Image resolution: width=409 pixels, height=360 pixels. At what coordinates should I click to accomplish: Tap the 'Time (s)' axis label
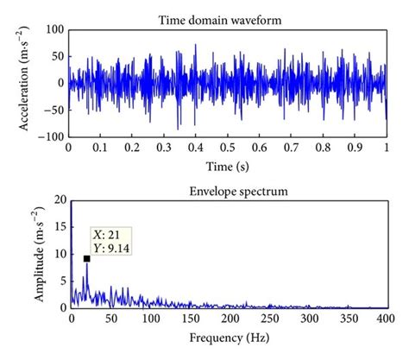click(228, 163)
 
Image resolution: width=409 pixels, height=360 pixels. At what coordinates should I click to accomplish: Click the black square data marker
click(87, 258)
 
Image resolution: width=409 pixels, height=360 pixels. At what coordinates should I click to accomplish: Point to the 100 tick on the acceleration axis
click(53, 30)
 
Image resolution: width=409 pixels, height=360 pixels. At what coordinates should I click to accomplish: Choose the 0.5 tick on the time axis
click(228, 148)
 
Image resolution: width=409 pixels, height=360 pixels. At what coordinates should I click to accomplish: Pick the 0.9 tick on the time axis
click(355, 148)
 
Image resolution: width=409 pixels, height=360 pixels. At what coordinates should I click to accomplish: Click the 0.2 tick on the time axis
click(132, 148)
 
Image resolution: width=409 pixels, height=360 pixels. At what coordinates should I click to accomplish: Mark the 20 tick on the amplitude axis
click(57, 199)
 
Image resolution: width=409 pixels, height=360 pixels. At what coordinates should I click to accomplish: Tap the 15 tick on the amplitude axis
click(57, 227)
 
